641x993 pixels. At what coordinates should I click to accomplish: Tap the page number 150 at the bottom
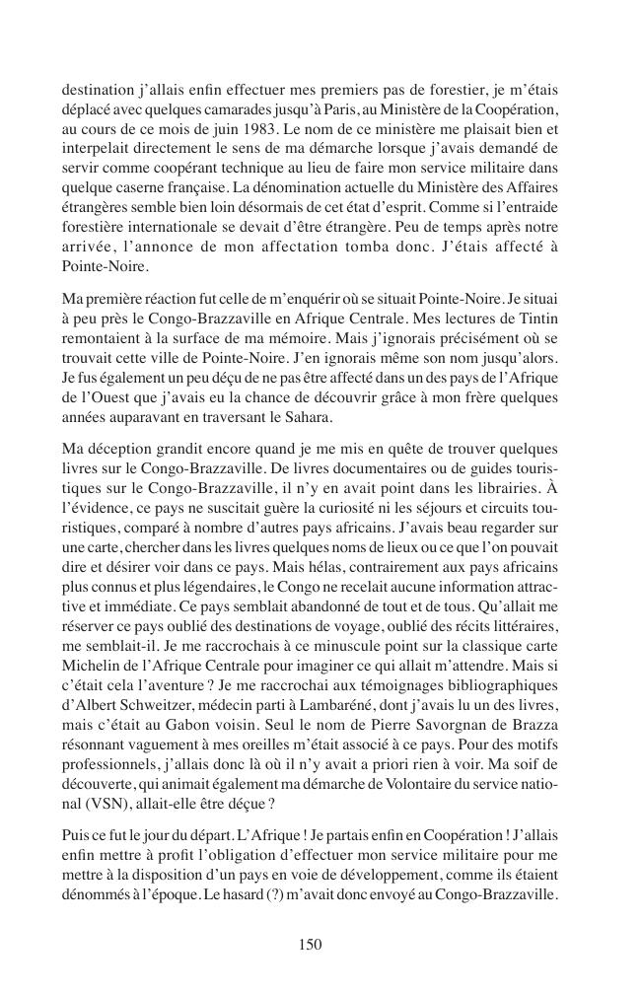(x=311, y=944)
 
